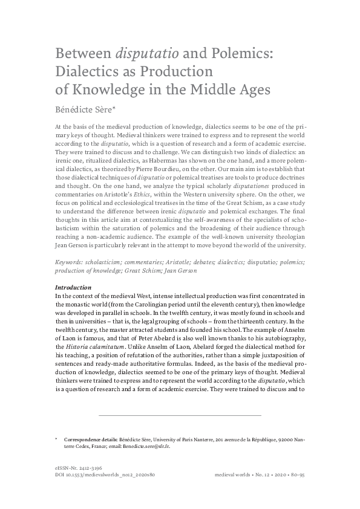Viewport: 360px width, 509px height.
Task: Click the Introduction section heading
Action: pos(73,287)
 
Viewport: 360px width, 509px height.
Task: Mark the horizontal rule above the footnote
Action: pos(180,415)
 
